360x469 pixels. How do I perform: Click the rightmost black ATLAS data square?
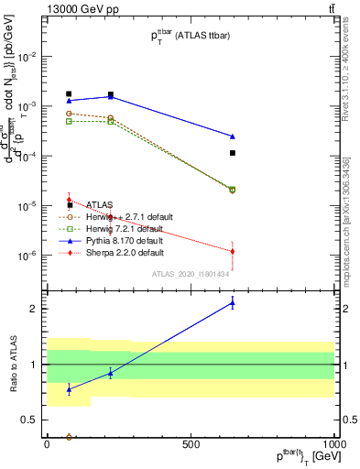233,153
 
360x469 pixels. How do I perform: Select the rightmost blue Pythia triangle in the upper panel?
233,136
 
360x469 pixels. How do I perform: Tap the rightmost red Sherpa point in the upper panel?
233,251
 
